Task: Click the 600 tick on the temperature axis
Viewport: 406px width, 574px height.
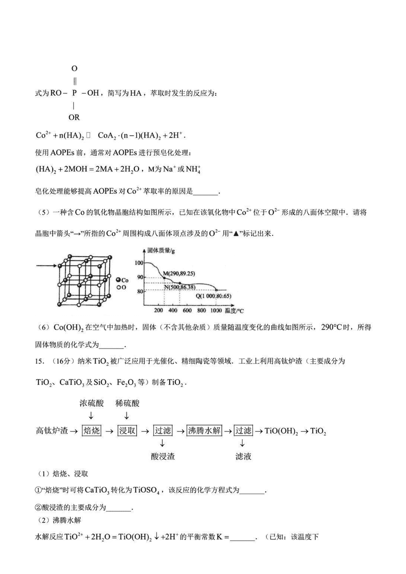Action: click(187, 311)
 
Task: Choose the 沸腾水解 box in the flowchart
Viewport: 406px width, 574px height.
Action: click(204, 431)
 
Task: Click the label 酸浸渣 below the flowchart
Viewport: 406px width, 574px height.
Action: click(163, 456)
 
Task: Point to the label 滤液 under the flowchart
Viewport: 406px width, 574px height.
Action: click(243, 456)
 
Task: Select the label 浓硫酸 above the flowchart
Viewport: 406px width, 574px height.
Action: click(92, 403)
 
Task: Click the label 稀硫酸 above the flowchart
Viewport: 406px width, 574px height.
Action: click(127, 403)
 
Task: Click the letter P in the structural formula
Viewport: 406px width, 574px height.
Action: click(74, 93)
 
